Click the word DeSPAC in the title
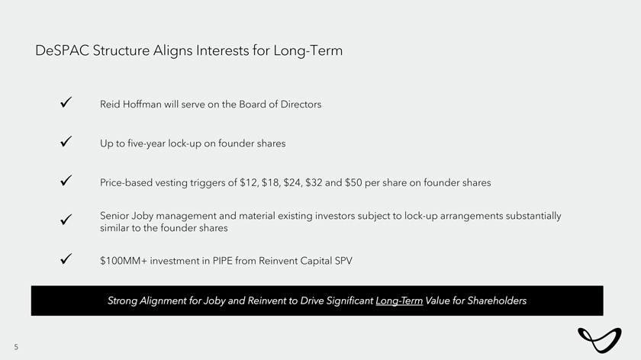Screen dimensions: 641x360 click(62, 50)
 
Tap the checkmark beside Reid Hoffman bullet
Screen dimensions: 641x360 click(66, 102)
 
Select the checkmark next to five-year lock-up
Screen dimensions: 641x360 click(66, 141)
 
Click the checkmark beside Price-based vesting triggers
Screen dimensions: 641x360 click(66, 181)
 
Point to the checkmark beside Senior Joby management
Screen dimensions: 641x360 click(66, 220)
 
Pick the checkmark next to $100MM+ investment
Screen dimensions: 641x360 click(66, 259)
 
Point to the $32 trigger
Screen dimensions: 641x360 click(314, 182)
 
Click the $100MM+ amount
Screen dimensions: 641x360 click(124, 261)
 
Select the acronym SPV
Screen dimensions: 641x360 click(343, 261)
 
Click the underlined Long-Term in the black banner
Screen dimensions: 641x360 click(399, 301)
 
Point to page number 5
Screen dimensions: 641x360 click(16, 347)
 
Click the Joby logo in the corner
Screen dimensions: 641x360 click(600, 340)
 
